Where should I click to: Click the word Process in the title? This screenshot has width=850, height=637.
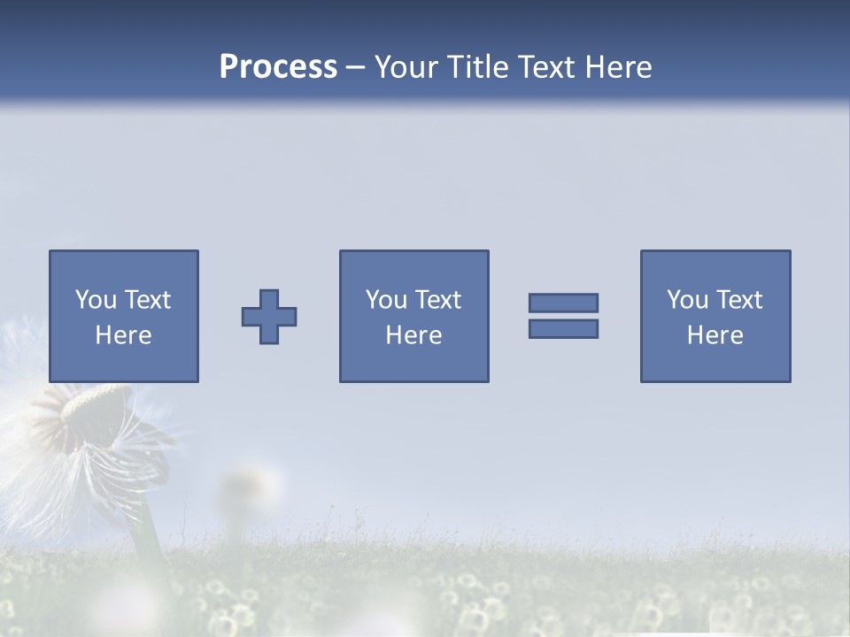pyautogui.click(x=278, y=67)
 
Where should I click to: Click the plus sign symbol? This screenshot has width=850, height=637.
pyautogui.click(x=269, y=317)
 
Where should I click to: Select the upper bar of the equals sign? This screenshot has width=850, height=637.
pyautogui.click(x=563, y=303)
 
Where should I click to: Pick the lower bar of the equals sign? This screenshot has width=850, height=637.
pyautogui.click(x=563, y=328)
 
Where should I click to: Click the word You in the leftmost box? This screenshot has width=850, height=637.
pyautogui.click(x=95, y=300)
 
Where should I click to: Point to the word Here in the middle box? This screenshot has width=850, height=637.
pyautogui.click(x=413, y=335)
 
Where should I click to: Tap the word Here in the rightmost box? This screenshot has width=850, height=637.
pyautogui.click(x=715, y=335)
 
